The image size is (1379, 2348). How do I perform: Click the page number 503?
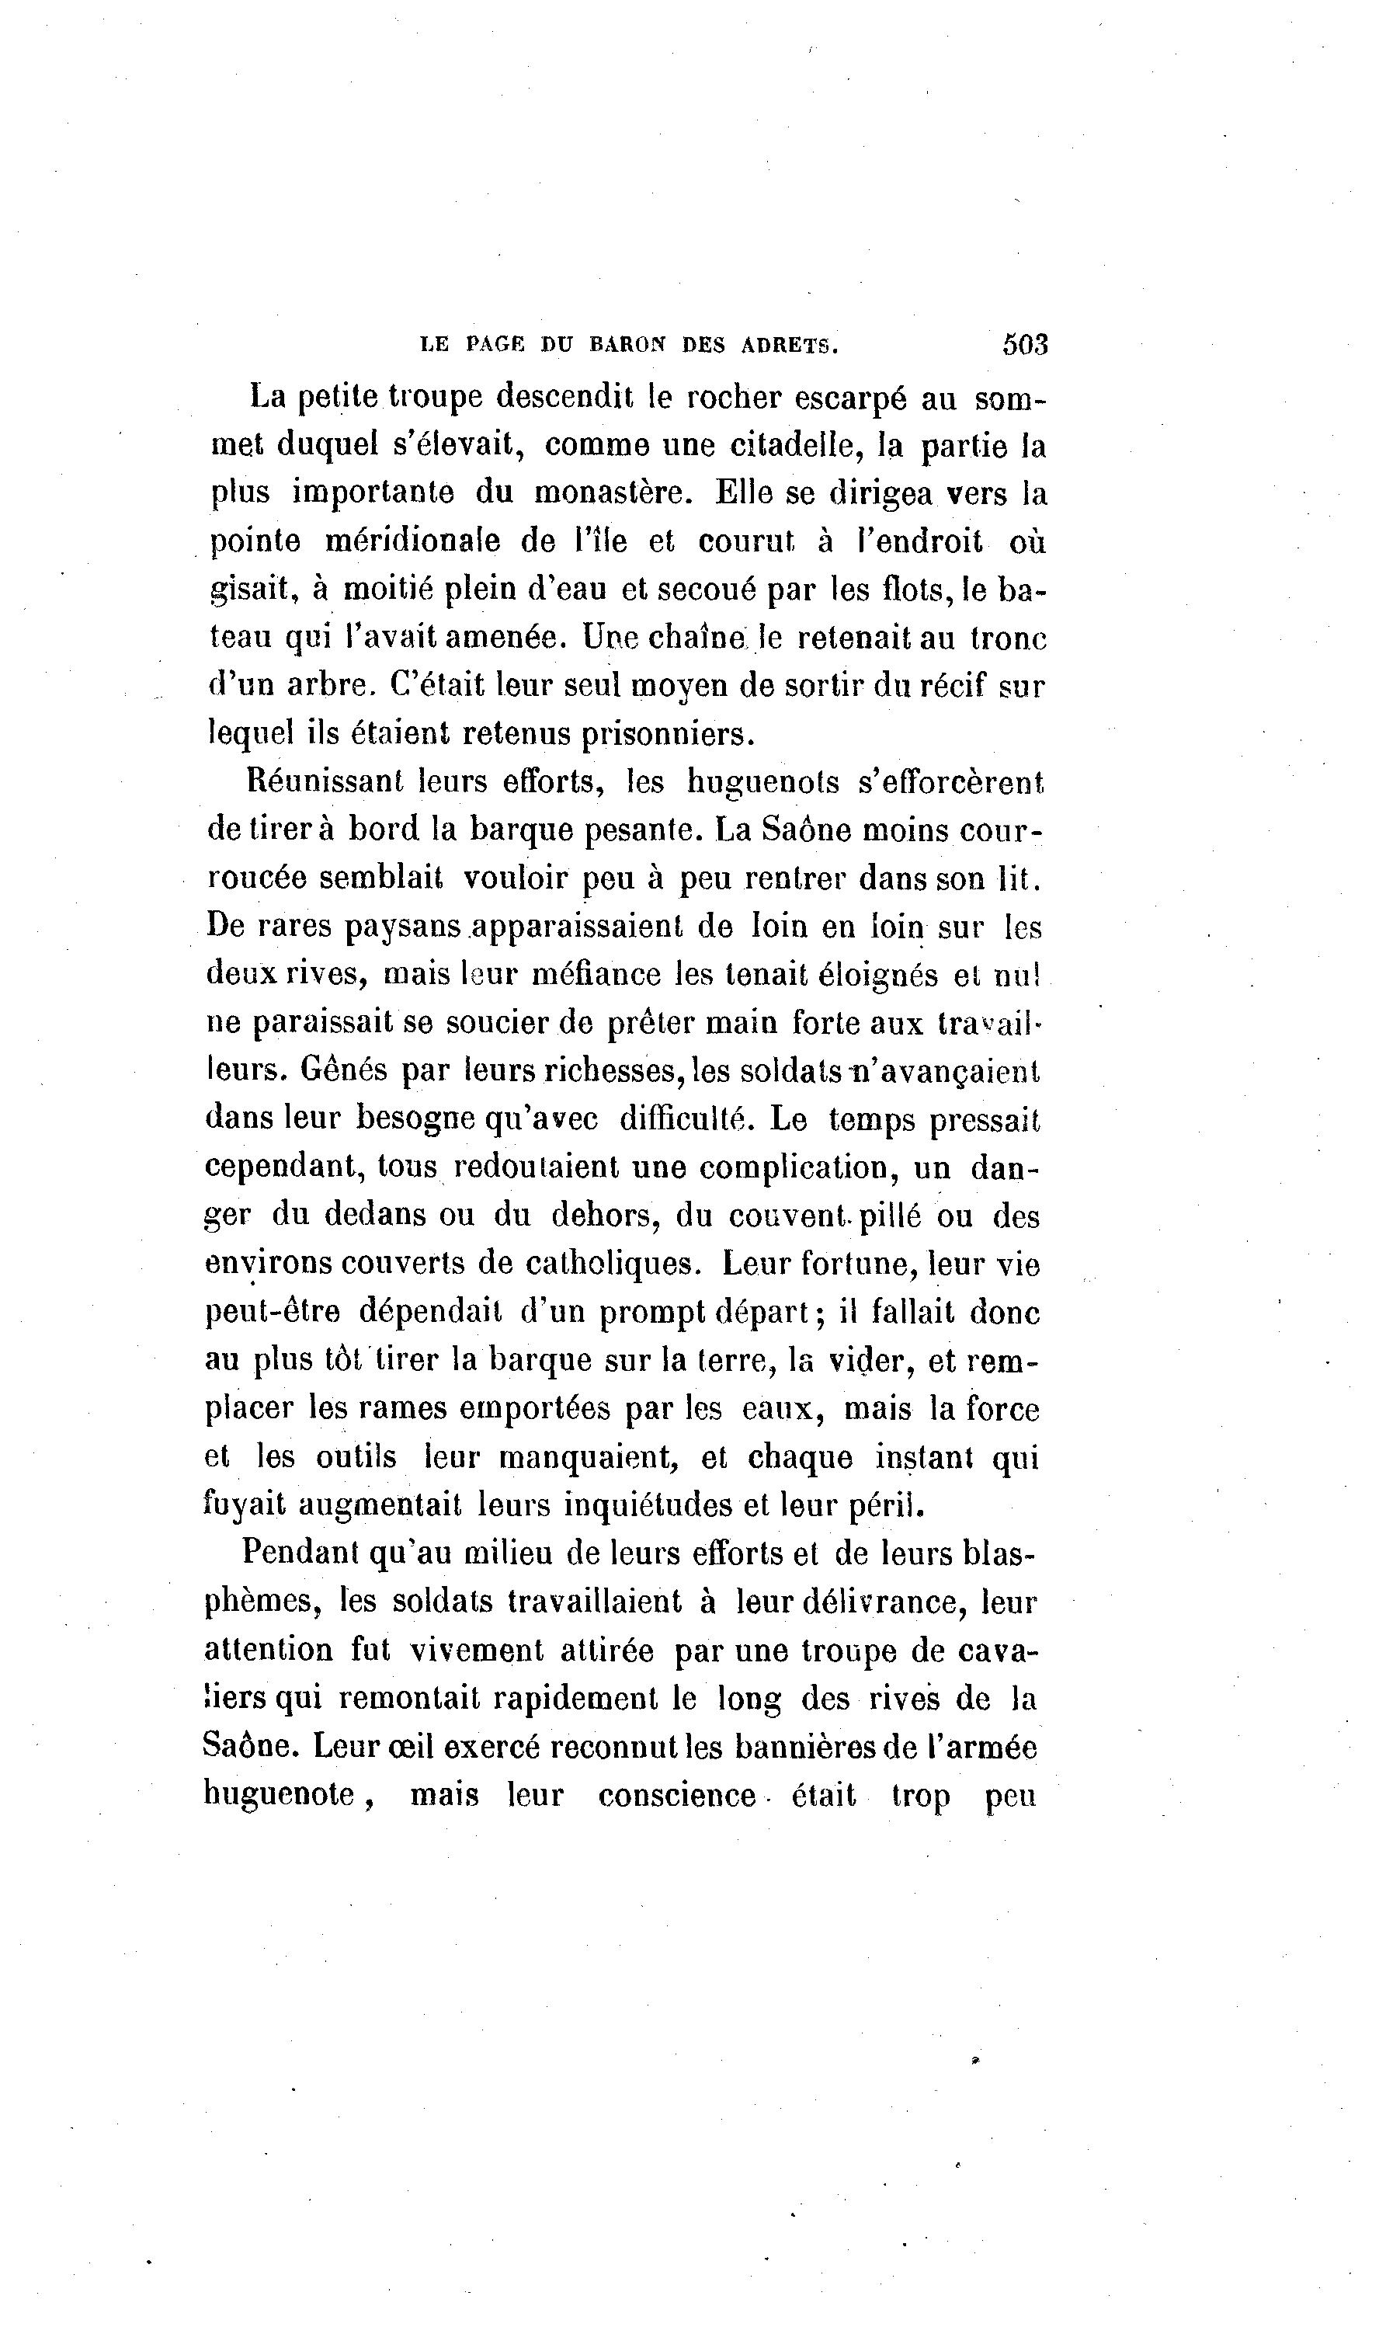click(1025, 345)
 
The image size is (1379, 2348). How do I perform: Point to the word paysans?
click(404, 927)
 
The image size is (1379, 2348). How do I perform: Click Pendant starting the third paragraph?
click(301, 1553)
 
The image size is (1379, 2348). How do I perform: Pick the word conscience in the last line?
click(676, 1796)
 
